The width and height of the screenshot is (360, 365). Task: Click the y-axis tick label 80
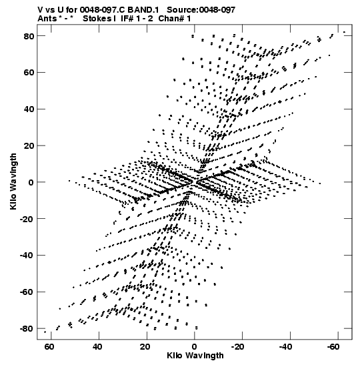pyautogui.click(x=29, y=36)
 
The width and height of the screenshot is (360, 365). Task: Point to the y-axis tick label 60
pyautogui.click(x=29, y=73)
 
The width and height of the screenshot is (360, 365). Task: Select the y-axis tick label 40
pyautogui.click(x=29, y=109)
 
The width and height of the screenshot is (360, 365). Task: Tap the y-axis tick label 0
pyautogui.click(x=31, y=182)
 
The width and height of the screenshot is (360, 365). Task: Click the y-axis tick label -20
pyautogui.click(x=27, y=219)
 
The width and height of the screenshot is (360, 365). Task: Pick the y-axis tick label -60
pyautogui.click(x=27, y=292)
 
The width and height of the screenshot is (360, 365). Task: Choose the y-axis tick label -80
pyautogui.click(x=27, y=329)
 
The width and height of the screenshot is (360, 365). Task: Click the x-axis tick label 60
pyautogui.click(x=49, y=347)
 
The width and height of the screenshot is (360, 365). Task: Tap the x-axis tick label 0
pyautogui.click(x=194, y=347)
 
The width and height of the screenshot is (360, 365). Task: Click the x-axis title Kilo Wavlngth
pyautogui.click(x=195, y=356)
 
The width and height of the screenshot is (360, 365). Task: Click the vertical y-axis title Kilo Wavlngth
pyautogui.click(x=13, y=181)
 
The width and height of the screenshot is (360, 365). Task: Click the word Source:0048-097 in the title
pyautogui.click(x=201, y=10)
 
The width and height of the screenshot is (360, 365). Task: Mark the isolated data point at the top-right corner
pyautogui.click(x=344, y=32)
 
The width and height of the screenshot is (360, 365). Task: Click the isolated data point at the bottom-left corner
pyautogui.click(x=45, y=332)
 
